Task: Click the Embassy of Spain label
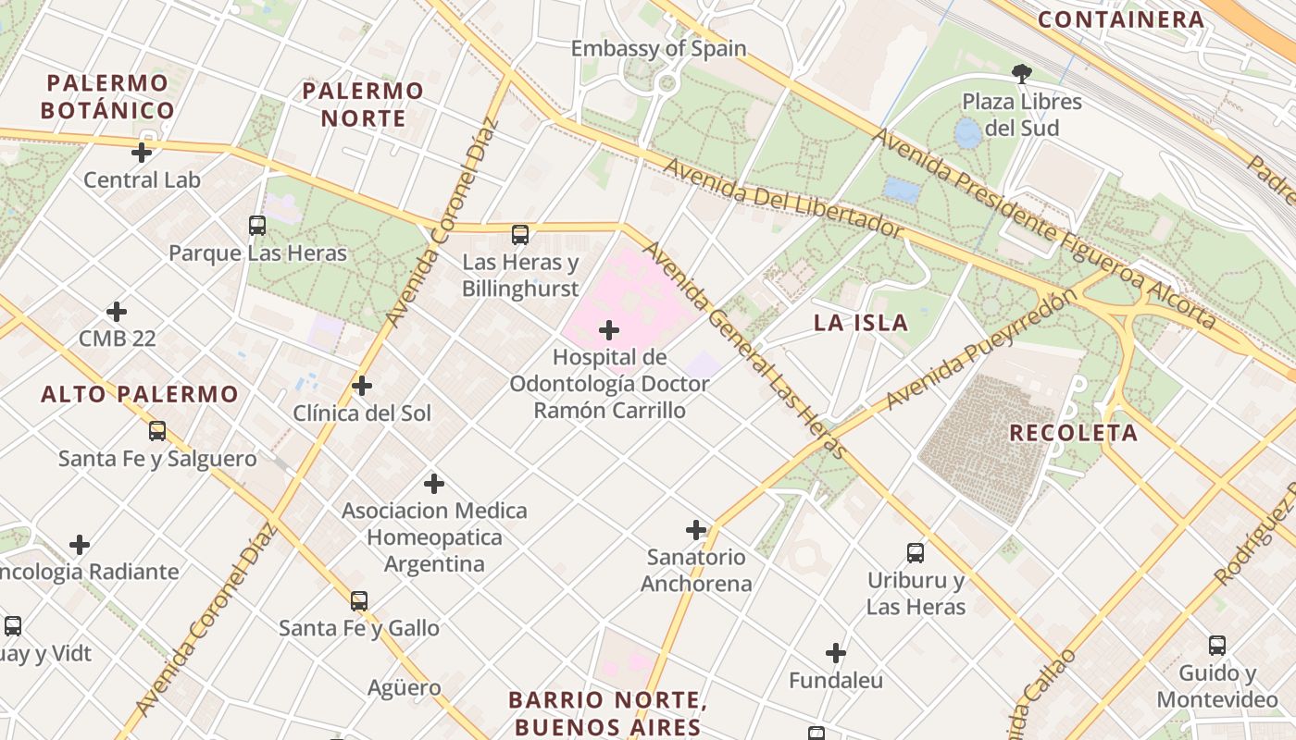point(658,48)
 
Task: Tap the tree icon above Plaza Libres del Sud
point(1022,73)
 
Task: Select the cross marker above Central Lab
point(142,153)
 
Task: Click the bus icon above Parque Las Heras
point(257,225)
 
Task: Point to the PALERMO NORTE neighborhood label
point(363,105)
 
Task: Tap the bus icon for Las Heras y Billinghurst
point(520,235)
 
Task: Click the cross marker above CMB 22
point(117,312)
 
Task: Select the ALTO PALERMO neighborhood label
point(140,394)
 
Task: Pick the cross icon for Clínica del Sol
point(362,386)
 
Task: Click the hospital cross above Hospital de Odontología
point(609,330)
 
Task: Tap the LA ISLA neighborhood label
point(861,323)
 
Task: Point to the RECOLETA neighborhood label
point(1073,433)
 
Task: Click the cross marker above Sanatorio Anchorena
point(696,530)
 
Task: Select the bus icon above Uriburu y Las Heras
point(916,553)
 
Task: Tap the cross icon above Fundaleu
point(836,654)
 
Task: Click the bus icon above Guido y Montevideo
point(1217,646)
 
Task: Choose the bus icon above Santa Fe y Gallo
point(359,601)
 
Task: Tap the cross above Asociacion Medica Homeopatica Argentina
point(433,484)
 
